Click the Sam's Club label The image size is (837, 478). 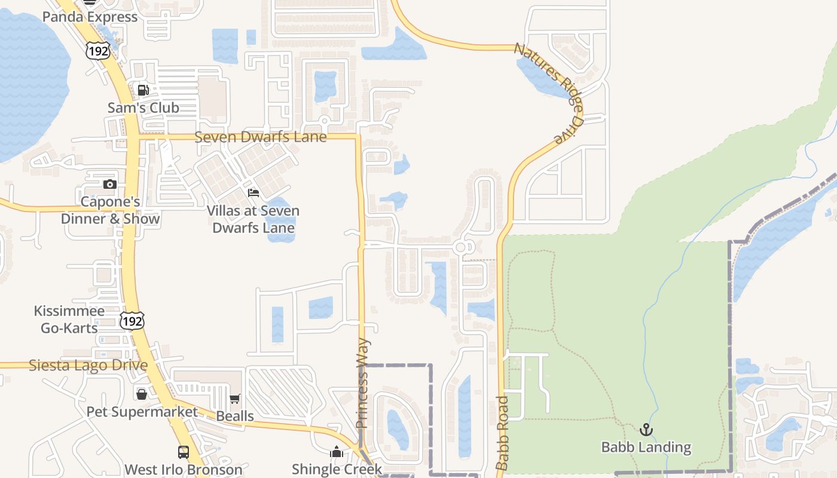click(x=143, y=108)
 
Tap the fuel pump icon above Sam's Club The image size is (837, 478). click(x=143, y=90)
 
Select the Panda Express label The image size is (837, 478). click(x=90, y=17)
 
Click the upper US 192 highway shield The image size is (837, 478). click(x=97, y=51)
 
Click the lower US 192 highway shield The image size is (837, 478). click(x=132, y=321)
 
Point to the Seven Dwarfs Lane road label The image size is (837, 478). click(x=261, y=137)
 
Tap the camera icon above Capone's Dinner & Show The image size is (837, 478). click(x=109, y=184)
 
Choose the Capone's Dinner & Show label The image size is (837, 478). click(x=111, y=210)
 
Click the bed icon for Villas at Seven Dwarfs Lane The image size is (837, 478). click(x=253, y=193)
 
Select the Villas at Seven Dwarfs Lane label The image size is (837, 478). click(x=253, y=219)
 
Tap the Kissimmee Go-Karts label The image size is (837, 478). click(x=69, y=319)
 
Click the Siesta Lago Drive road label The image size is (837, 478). click(x=88, y=365)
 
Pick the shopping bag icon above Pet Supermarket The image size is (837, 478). click(x=142, y=394)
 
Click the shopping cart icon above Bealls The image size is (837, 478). click(x=235, y=399)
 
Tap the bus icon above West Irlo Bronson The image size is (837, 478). click(x=184, y=452)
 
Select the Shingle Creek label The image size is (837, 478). click(x=337, y=469)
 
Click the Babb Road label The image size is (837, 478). click(x=502, y=433)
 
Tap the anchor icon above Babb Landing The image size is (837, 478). click(x=646, y=430)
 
